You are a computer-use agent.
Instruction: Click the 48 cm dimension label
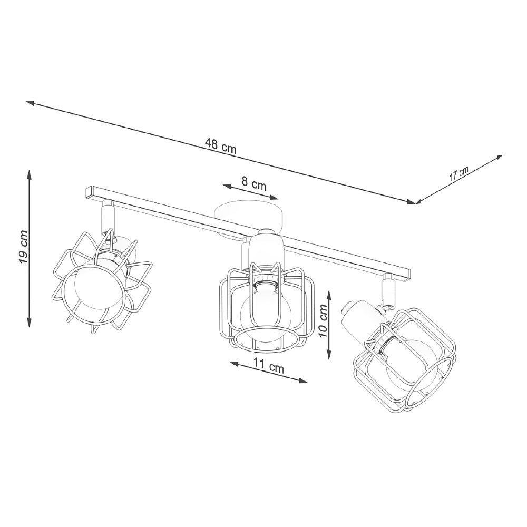click(221, 148)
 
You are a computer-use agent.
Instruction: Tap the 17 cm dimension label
click(458, 174)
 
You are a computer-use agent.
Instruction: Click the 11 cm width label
click(269, 367)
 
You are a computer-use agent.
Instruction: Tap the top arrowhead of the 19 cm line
click(30, 172)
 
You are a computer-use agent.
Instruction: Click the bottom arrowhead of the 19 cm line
click(30, 324)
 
